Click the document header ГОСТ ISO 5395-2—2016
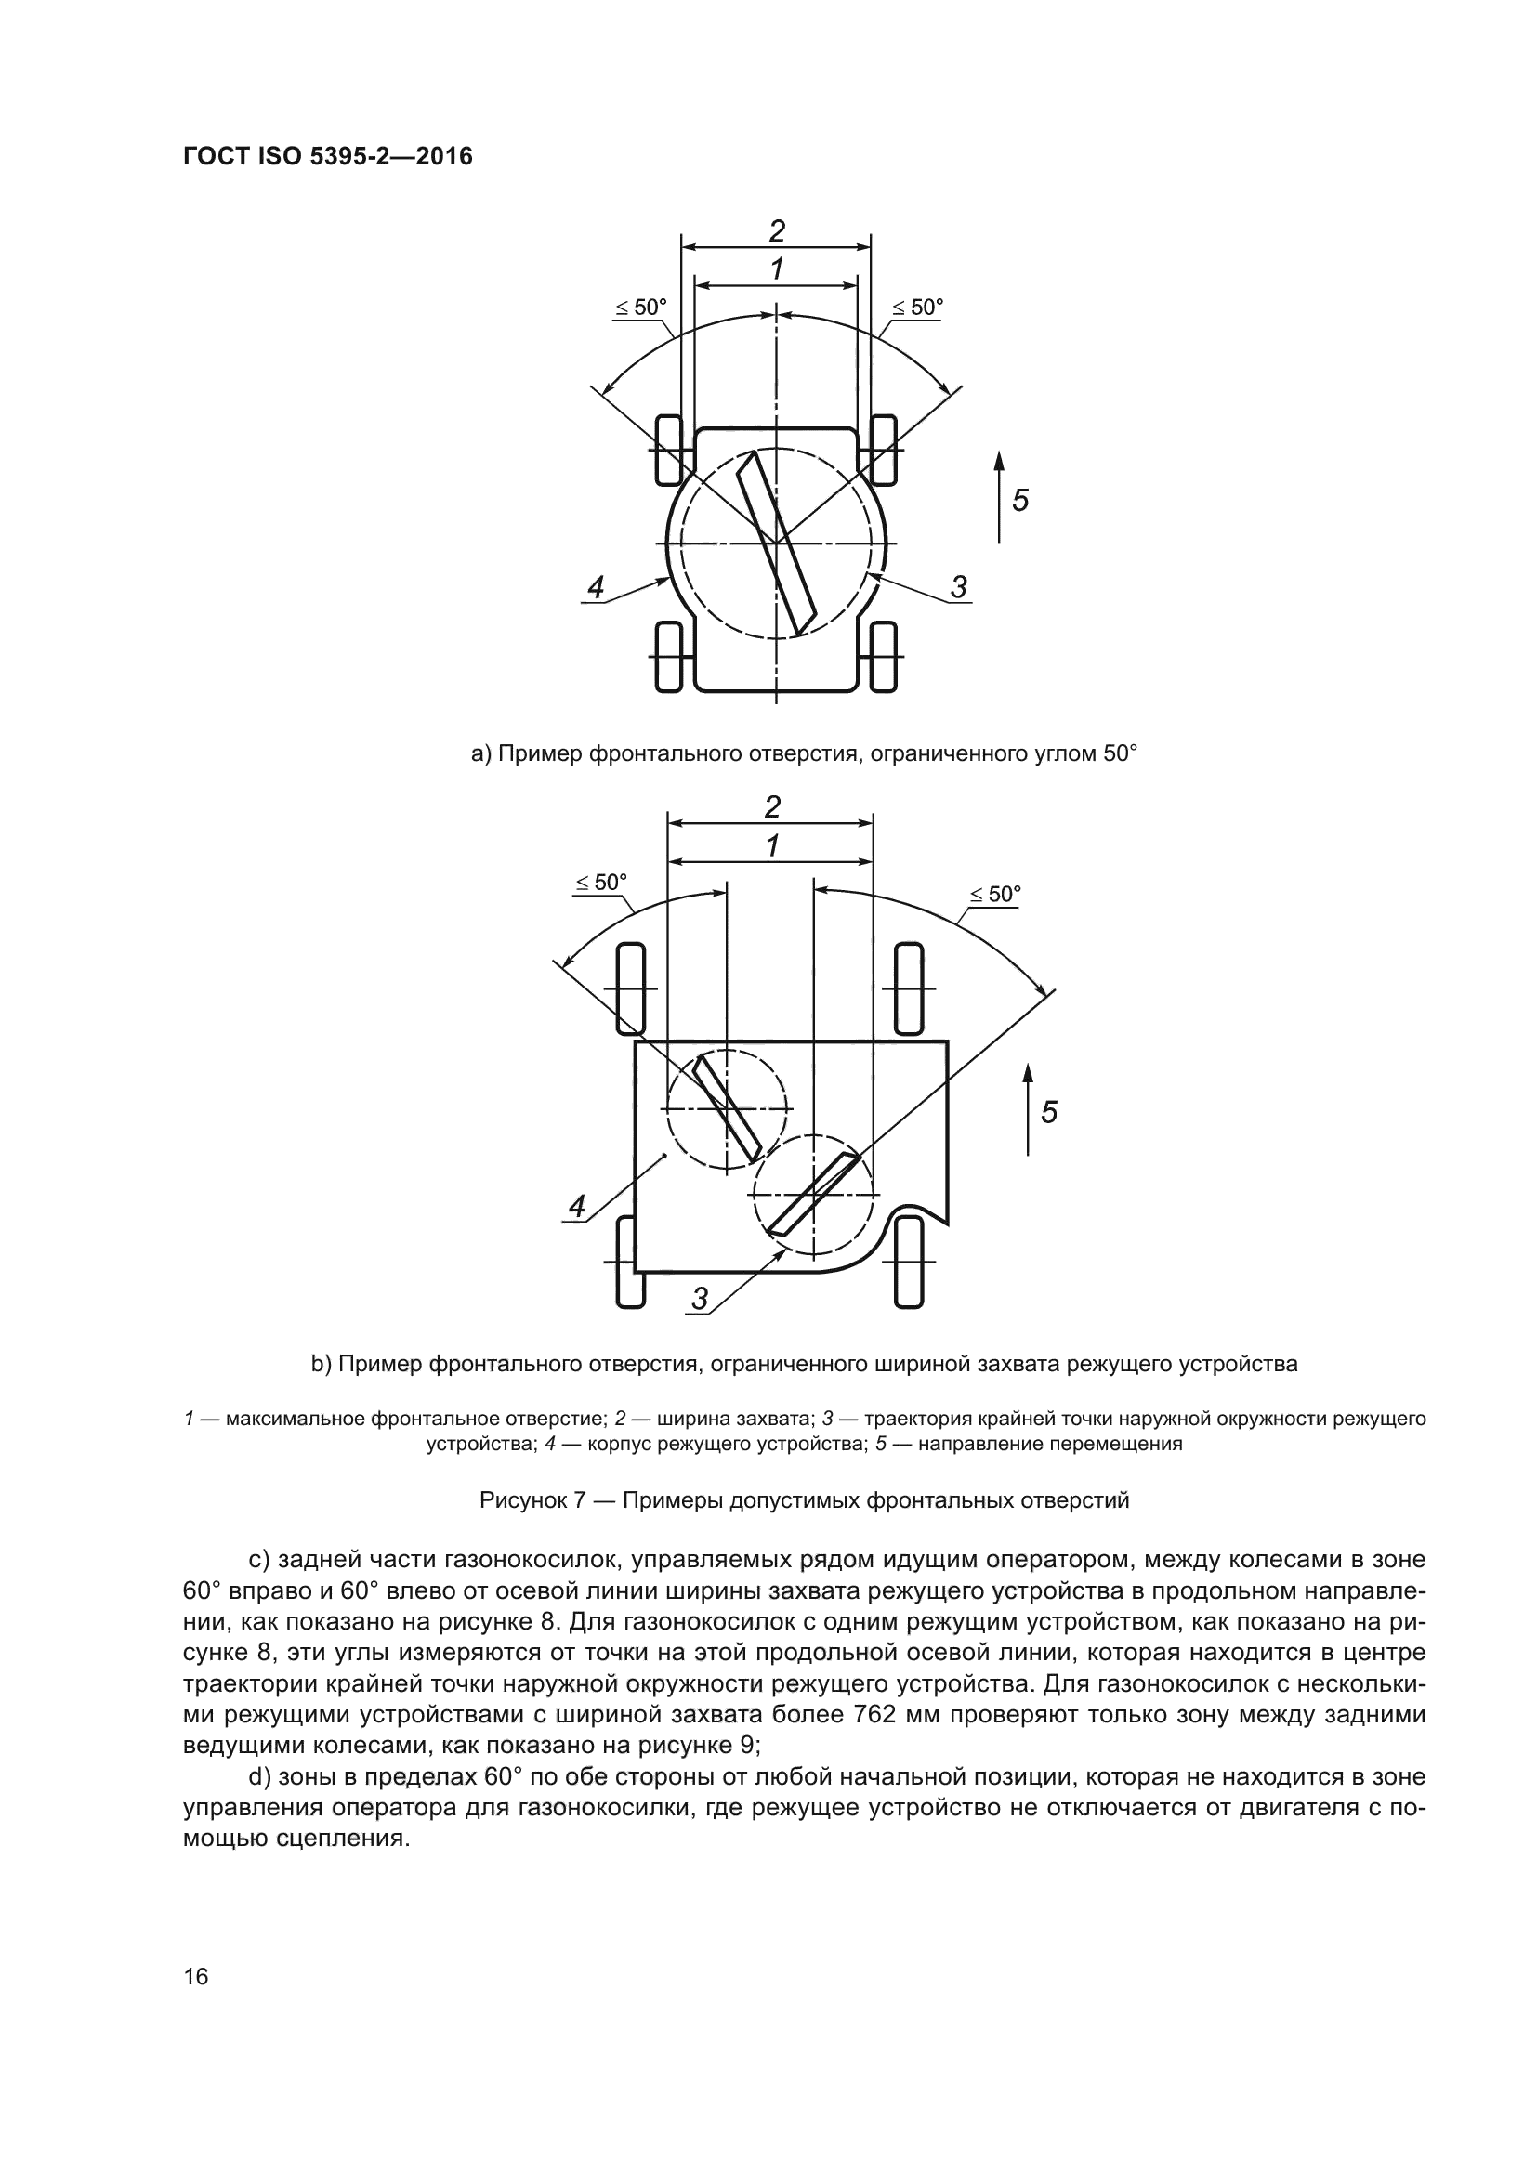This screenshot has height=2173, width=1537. pos(327,156)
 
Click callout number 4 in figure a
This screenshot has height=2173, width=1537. pos(596,588)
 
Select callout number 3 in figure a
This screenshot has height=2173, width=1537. pos(959,588)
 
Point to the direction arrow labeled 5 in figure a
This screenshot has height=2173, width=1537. pos(1000,498)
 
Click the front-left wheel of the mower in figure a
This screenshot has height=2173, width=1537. pos(667,449)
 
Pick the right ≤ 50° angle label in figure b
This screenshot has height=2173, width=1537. pos(994,895)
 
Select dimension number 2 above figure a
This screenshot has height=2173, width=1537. pos(776,231)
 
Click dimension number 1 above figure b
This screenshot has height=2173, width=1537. pos(772,845)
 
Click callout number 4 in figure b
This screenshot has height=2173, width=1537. pos(576,1207)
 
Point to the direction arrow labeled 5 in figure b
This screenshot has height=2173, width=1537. pos(1028,1109)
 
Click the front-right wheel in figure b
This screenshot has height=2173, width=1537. pos(908,989)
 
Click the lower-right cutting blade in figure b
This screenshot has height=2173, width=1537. pos(813,1195)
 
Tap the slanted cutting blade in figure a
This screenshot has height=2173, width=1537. pos(776,543)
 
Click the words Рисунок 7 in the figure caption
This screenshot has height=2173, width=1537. pos(530,1500)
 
